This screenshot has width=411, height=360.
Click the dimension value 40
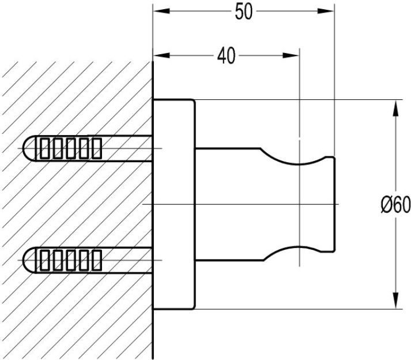pyautogui.click(x=226, y=57)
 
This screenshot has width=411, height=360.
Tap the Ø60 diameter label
pyautogui.click(x=395, y=204)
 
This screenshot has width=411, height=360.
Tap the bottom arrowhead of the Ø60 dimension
pyautogui.click(x=395, y=302)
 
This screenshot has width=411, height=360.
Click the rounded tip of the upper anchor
pyautogui.click(x=29, y=149)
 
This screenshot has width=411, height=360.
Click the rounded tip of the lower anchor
pyautogui.click(x=29, y=261)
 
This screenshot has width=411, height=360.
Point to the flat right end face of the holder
pyautogui.click(x=334, y=204)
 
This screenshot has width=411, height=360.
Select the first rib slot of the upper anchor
pyautogui.click(x=43, y=149)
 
